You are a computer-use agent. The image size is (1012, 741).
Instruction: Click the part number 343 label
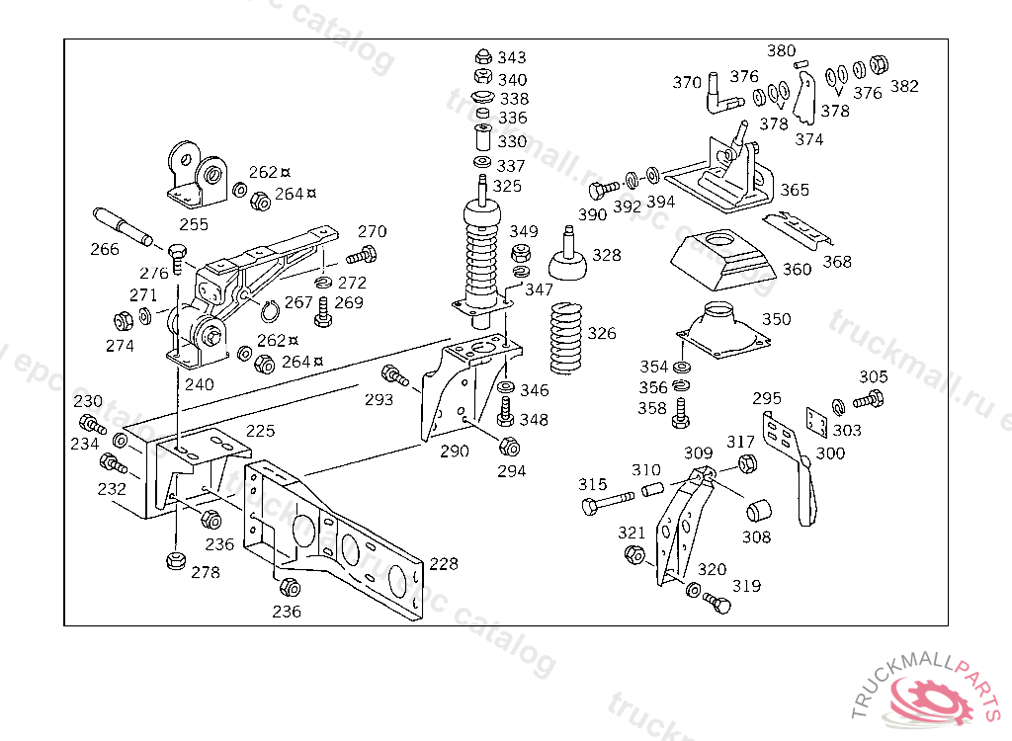512,57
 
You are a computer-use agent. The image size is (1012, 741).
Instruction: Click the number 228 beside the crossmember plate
444,563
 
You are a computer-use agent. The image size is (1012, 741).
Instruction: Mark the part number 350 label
776,319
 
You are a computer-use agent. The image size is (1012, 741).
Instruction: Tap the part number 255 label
194,224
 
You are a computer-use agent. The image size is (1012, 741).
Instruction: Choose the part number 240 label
199,384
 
